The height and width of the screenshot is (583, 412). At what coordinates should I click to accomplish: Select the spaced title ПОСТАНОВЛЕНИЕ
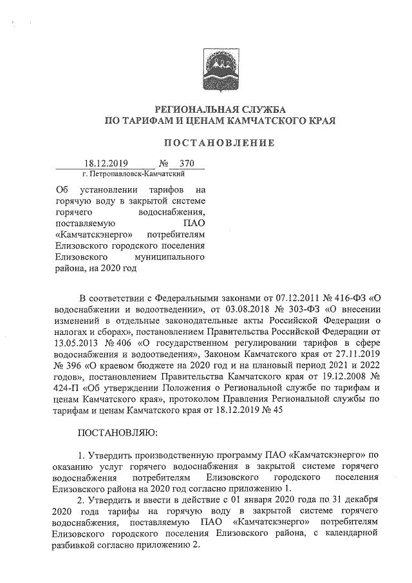pos(220,142)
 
